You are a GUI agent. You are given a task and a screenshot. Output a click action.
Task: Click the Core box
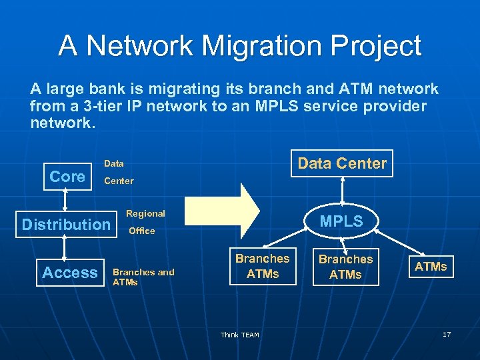coord(67,177)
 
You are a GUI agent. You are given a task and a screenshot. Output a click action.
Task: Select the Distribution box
coord(66,225)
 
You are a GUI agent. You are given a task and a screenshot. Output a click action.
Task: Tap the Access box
coord(70,273)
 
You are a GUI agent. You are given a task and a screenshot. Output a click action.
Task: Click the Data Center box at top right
coord(342,164)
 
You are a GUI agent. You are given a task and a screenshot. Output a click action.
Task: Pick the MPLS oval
coord(341,221)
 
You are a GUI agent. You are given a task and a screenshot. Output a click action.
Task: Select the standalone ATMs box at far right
coord(431,267)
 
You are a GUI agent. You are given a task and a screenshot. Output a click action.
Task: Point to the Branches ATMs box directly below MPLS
coord(345,267)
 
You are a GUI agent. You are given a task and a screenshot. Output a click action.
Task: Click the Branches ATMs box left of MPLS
coord(263,266)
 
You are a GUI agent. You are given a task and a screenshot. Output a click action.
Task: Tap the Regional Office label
coord(145,222)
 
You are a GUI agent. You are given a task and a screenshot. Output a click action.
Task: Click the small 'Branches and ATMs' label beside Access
coord(143,277)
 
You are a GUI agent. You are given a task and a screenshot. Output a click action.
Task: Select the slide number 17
coord(447,333)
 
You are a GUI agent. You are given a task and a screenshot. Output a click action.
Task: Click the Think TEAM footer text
coord(240,335)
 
